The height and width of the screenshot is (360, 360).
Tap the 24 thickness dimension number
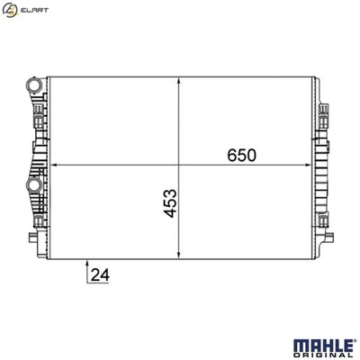click(x=102, y=275)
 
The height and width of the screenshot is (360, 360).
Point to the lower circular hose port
click(x=34, y=184)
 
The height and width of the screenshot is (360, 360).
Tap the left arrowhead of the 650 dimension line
click(x=52, y=166)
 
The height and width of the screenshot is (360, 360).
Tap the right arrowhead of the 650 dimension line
click(x=310, y=166)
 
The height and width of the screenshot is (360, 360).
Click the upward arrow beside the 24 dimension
click(x=87, y=264)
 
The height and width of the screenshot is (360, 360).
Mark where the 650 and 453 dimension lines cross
click(x=183, y=166)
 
